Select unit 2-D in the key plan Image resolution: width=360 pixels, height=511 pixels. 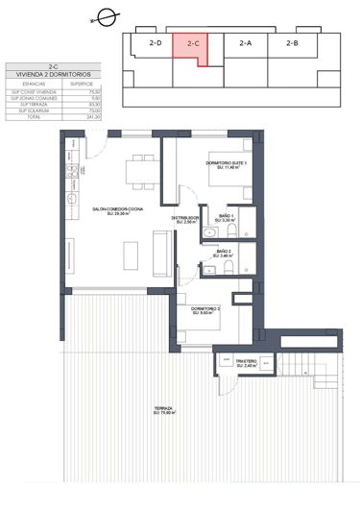click(155, 43)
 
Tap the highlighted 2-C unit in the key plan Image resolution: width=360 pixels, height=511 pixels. click(193, 44)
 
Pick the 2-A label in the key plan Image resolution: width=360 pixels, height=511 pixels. click(245, 43)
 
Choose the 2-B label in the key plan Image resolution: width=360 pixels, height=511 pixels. click(292, 43)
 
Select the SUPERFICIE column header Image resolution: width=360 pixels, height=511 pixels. click(95, 84)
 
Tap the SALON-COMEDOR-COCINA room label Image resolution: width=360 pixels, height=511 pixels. click(117, 209)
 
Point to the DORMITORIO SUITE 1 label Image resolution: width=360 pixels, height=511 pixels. click(227, 164)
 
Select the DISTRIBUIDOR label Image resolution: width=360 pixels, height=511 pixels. click(185, 219)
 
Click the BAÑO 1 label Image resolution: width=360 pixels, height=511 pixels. click(224, 216)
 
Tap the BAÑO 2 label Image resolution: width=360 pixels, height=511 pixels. click(224, 253)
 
